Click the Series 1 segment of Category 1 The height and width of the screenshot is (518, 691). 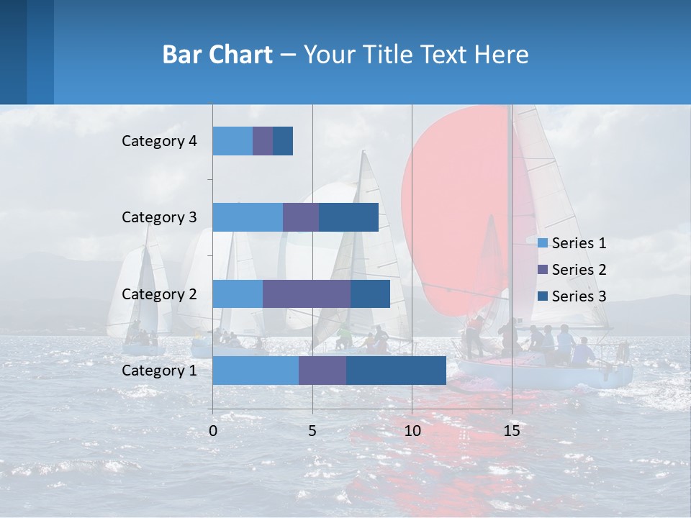pyautogui.click(x=256, y=371)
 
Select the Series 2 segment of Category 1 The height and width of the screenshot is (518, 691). pyautogui.click(x=322, y=371)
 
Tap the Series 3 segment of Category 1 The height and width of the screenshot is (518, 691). pyautogui.click(x=396, y=371)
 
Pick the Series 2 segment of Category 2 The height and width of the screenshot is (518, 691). pyautogui.click(x=307, y=294)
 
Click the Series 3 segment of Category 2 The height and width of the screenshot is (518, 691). pyautogui.click(x=370, y=294)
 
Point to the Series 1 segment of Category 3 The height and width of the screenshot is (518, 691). pyautogui.click(x=248, y=217)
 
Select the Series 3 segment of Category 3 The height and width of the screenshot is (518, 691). pyautogui.click(x=348, y=217)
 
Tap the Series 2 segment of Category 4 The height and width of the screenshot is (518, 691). pyautogui.click(x=263, y=141)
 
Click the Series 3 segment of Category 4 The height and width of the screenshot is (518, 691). pyautogui.click(x=283, y=141)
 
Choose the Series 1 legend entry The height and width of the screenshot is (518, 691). pyautogui.click(x=572, y=243)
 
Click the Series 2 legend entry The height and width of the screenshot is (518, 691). pyautogui.click(x=572, y=270)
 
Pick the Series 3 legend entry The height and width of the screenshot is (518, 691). pyautogui.click(x=572, y=296)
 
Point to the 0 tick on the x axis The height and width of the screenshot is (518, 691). pyautogui.click(x=213, y=431)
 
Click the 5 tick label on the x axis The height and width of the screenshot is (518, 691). pyautogui.click(x=312, y=431)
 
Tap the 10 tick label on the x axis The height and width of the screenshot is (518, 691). pyautogui.click(x=412, y=431)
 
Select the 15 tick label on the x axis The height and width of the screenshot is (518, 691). pyautogui.click(x=511, y=431)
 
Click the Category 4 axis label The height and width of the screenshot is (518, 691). pyautogui.click(x=159, y=141)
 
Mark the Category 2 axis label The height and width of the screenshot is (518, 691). pyautogui.click(x=159, y=294)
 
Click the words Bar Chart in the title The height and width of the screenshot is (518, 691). pyautogui.click(x=217, y=55)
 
